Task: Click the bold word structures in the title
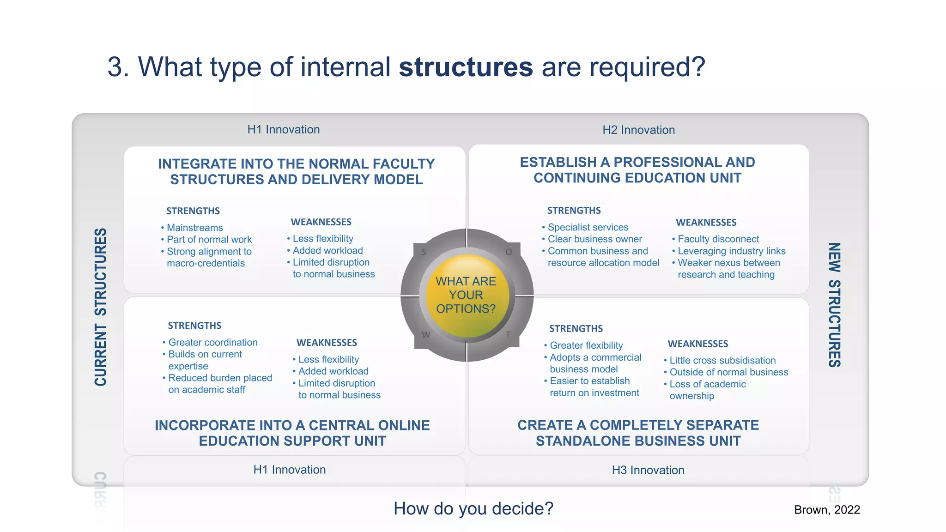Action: tap(466, 67)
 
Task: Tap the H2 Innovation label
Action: tap(638, 130)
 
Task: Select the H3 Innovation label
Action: tap(648, 470)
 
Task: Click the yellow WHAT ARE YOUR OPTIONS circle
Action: tap(466, 295)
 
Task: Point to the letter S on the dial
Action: tap(424, 252)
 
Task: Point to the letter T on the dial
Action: tap(508, 334)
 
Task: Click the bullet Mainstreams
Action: tap(194, 228)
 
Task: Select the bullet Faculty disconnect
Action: tap(718, 239)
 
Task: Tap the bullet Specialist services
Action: tap(588, 227)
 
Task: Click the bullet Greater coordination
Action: tap(212, 343)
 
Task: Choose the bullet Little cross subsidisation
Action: tap(722, 361)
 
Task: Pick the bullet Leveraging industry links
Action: tap(731, 251)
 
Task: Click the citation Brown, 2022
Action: tap(827, 510)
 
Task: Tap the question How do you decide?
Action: tap(473, 508)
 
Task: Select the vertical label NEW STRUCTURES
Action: tap(834, 305)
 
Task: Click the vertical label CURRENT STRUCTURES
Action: tap(101, 307)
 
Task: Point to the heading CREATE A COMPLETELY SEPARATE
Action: tap(638, 425)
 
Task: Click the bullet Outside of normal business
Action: tap(728, 372)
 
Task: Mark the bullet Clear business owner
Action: tap(594, 239)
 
